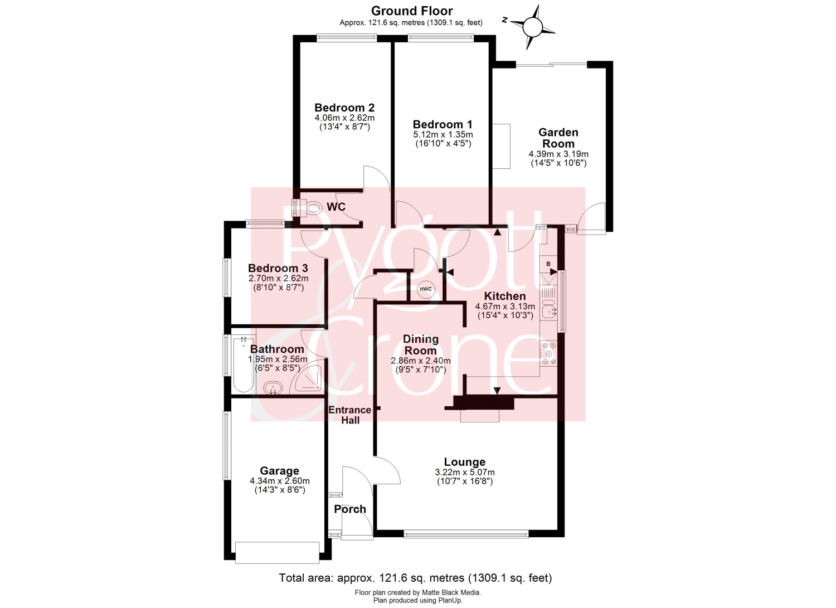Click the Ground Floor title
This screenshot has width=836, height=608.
tap(412, 11)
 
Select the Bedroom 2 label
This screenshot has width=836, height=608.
tap(344, 108)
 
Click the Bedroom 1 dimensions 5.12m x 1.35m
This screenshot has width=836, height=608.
tap(443, 134)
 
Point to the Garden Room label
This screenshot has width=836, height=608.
tap(558, 138)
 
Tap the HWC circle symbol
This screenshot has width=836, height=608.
tap(425, 289)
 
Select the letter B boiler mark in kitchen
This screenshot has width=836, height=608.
tap(548, 264)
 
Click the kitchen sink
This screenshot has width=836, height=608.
tap(549, 308)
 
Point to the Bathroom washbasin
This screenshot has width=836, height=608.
tap(273, 388)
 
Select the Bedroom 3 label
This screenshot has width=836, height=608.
tap(278, 268)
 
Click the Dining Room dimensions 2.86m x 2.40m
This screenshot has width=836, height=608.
tap(421, 361)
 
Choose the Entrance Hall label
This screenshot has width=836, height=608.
tap(350, 415)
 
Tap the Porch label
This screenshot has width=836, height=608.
tap(350, 509)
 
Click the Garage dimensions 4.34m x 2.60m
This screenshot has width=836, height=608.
tap(280, 481)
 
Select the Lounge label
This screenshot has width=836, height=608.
tap(465, 462)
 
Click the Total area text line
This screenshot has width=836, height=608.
tap(415, 578)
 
